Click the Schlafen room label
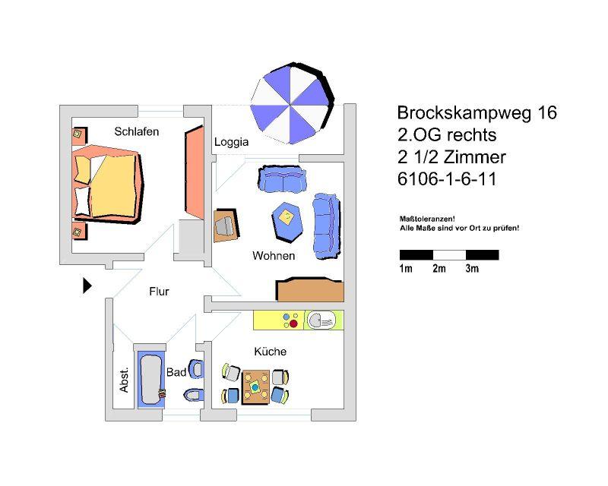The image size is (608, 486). click(x=137, y=131)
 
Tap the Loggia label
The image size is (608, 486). click(x=231, y=142)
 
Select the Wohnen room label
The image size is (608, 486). click(x=274, y=256)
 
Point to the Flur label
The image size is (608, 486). click(x=159, y=292)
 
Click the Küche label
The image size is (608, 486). click(x=271, y=352)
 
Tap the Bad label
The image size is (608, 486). click(x=176, y=372)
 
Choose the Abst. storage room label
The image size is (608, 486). click(x=125, y=380)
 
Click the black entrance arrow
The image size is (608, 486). click(x=87, y=286)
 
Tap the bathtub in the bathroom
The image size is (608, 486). click(x=150, y=378)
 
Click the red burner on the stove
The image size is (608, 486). click(x=293, y=324)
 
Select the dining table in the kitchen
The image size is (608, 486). click(x=256, y=386)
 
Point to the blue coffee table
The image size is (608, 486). click(x=287, y=219)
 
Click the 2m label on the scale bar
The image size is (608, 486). click(x=439, y=269)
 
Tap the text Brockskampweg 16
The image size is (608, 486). click(x=477, y=113)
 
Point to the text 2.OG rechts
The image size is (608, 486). click(x=446, y=136)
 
